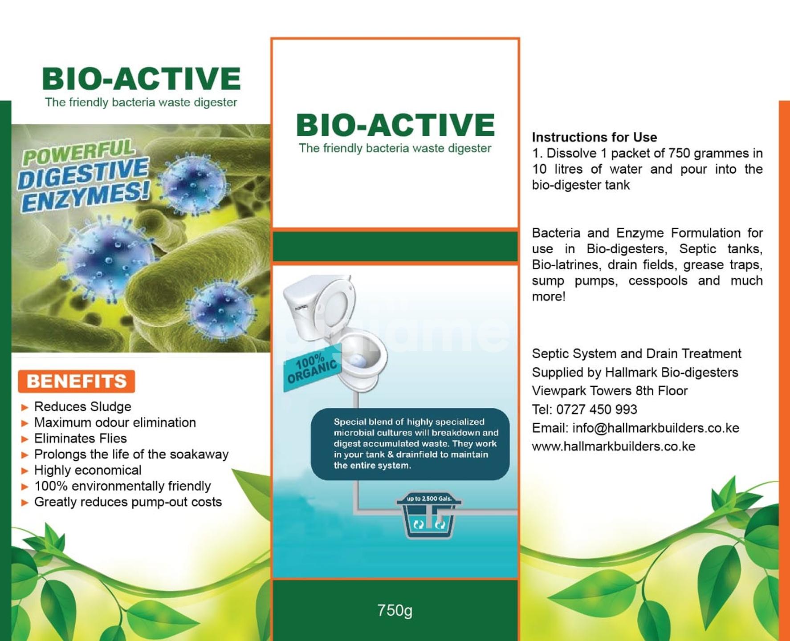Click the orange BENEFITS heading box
(x=76, y=381)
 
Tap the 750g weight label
(x=395, y=610)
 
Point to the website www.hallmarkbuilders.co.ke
(x=613, y=446)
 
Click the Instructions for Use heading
(x=594, y=137)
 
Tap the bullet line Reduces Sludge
(x=82, y=406)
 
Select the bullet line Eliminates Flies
(x=80, y=438)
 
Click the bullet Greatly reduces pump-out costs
(x=128, y=502)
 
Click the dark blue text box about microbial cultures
(x=410, y=444)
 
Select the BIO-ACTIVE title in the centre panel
(x=395, y=125)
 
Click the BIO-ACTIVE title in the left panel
(x=141, y=79)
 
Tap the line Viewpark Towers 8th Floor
(x=609, y=391)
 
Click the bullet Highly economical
(x=88, y=470)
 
